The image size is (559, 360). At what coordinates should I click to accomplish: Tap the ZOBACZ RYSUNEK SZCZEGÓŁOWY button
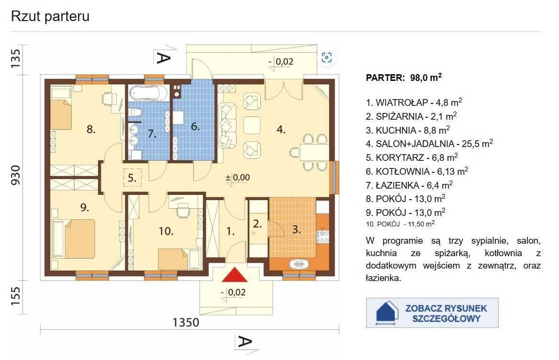click(x=432, y=313)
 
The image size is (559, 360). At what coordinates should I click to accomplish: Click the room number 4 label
click(x=281, y=129)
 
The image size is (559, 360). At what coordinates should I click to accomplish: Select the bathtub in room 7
click(x=147, y=93)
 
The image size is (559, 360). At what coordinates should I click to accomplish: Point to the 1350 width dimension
click(x=186, y=322)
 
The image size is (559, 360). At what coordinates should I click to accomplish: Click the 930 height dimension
click(x=16, y=175)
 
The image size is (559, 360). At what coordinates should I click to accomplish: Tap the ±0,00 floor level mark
click(x=238, y=178)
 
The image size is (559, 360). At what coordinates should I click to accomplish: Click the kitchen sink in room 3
click(x=299, y=264)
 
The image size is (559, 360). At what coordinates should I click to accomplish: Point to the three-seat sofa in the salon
click(x=227, y=125)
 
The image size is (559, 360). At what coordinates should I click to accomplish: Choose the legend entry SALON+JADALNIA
click(x=429, y=144)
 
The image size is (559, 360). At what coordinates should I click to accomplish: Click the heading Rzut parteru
click(x=50, y=16)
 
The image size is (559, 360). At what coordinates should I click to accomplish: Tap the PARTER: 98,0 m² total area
click(x=404, y=78)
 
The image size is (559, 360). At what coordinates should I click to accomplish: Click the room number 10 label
click(x=166, y=231)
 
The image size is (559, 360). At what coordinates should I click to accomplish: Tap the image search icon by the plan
click(x=326, y=57)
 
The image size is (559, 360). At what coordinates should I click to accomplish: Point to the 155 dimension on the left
click(x=16, y=296)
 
